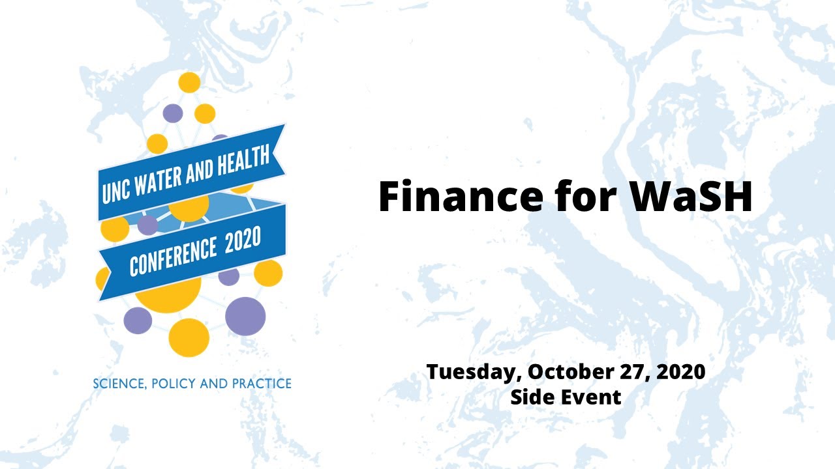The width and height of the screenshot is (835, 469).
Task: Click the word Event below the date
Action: [x=590, y=396]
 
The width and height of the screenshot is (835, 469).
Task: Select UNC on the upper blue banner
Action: [x=116, y=189]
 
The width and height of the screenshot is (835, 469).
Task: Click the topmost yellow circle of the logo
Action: [x=189, y=83]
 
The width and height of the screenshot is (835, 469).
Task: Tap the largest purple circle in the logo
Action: [x=245, y=316]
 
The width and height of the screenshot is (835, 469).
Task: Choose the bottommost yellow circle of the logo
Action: [x=189, y=337]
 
